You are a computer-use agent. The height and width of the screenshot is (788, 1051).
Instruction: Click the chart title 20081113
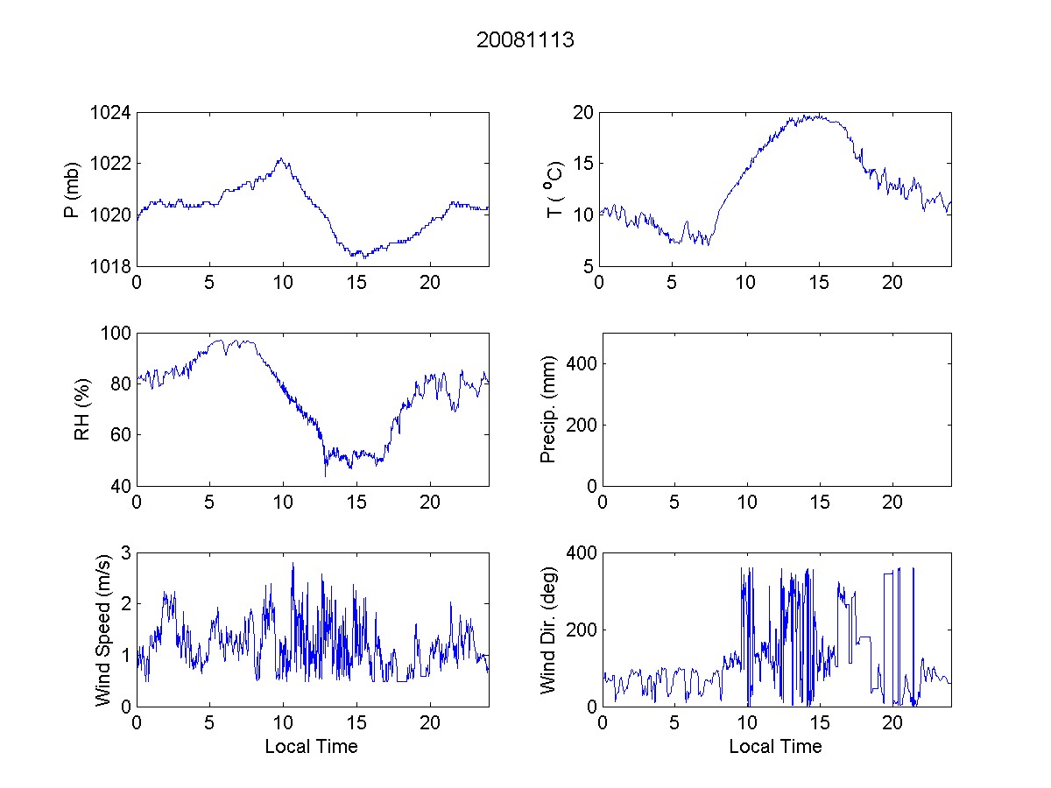click(525, 40)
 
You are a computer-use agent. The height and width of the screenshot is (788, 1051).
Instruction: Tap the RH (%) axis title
click(81, 409)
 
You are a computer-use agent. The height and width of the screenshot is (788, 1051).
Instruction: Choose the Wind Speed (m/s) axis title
click(103, 629)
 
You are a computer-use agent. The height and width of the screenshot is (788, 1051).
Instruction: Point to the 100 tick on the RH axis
click(116, 334)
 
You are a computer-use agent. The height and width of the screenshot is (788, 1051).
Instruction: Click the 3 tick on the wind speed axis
click(124, 552)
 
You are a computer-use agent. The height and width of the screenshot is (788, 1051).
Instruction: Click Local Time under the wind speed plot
click(311, 747)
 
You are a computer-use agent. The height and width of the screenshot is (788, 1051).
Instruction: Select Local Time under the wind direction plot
click(775, 747)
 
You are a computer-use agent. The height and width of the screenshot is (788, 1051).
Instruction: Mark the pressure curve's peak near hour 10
click(281, 158)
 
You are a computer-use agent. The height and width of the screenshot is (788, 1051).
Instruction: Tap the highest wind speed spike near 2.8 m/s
click(293, 563)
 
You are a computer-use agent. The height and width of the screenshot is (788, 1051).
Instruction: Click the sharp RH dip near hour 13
click(325, 475)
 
